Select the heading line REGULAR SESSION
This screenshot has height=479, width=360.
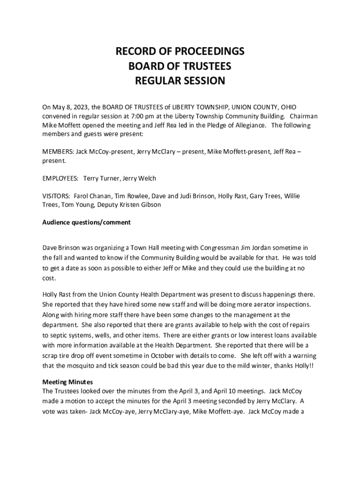coord(180,81)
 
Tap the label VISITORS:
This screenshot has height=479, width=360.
coord(57,196)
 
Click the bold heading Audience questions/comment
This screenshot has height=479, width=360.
coord(86,223)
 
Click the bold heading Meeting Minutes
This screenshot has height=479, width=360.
coord(67,382)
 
